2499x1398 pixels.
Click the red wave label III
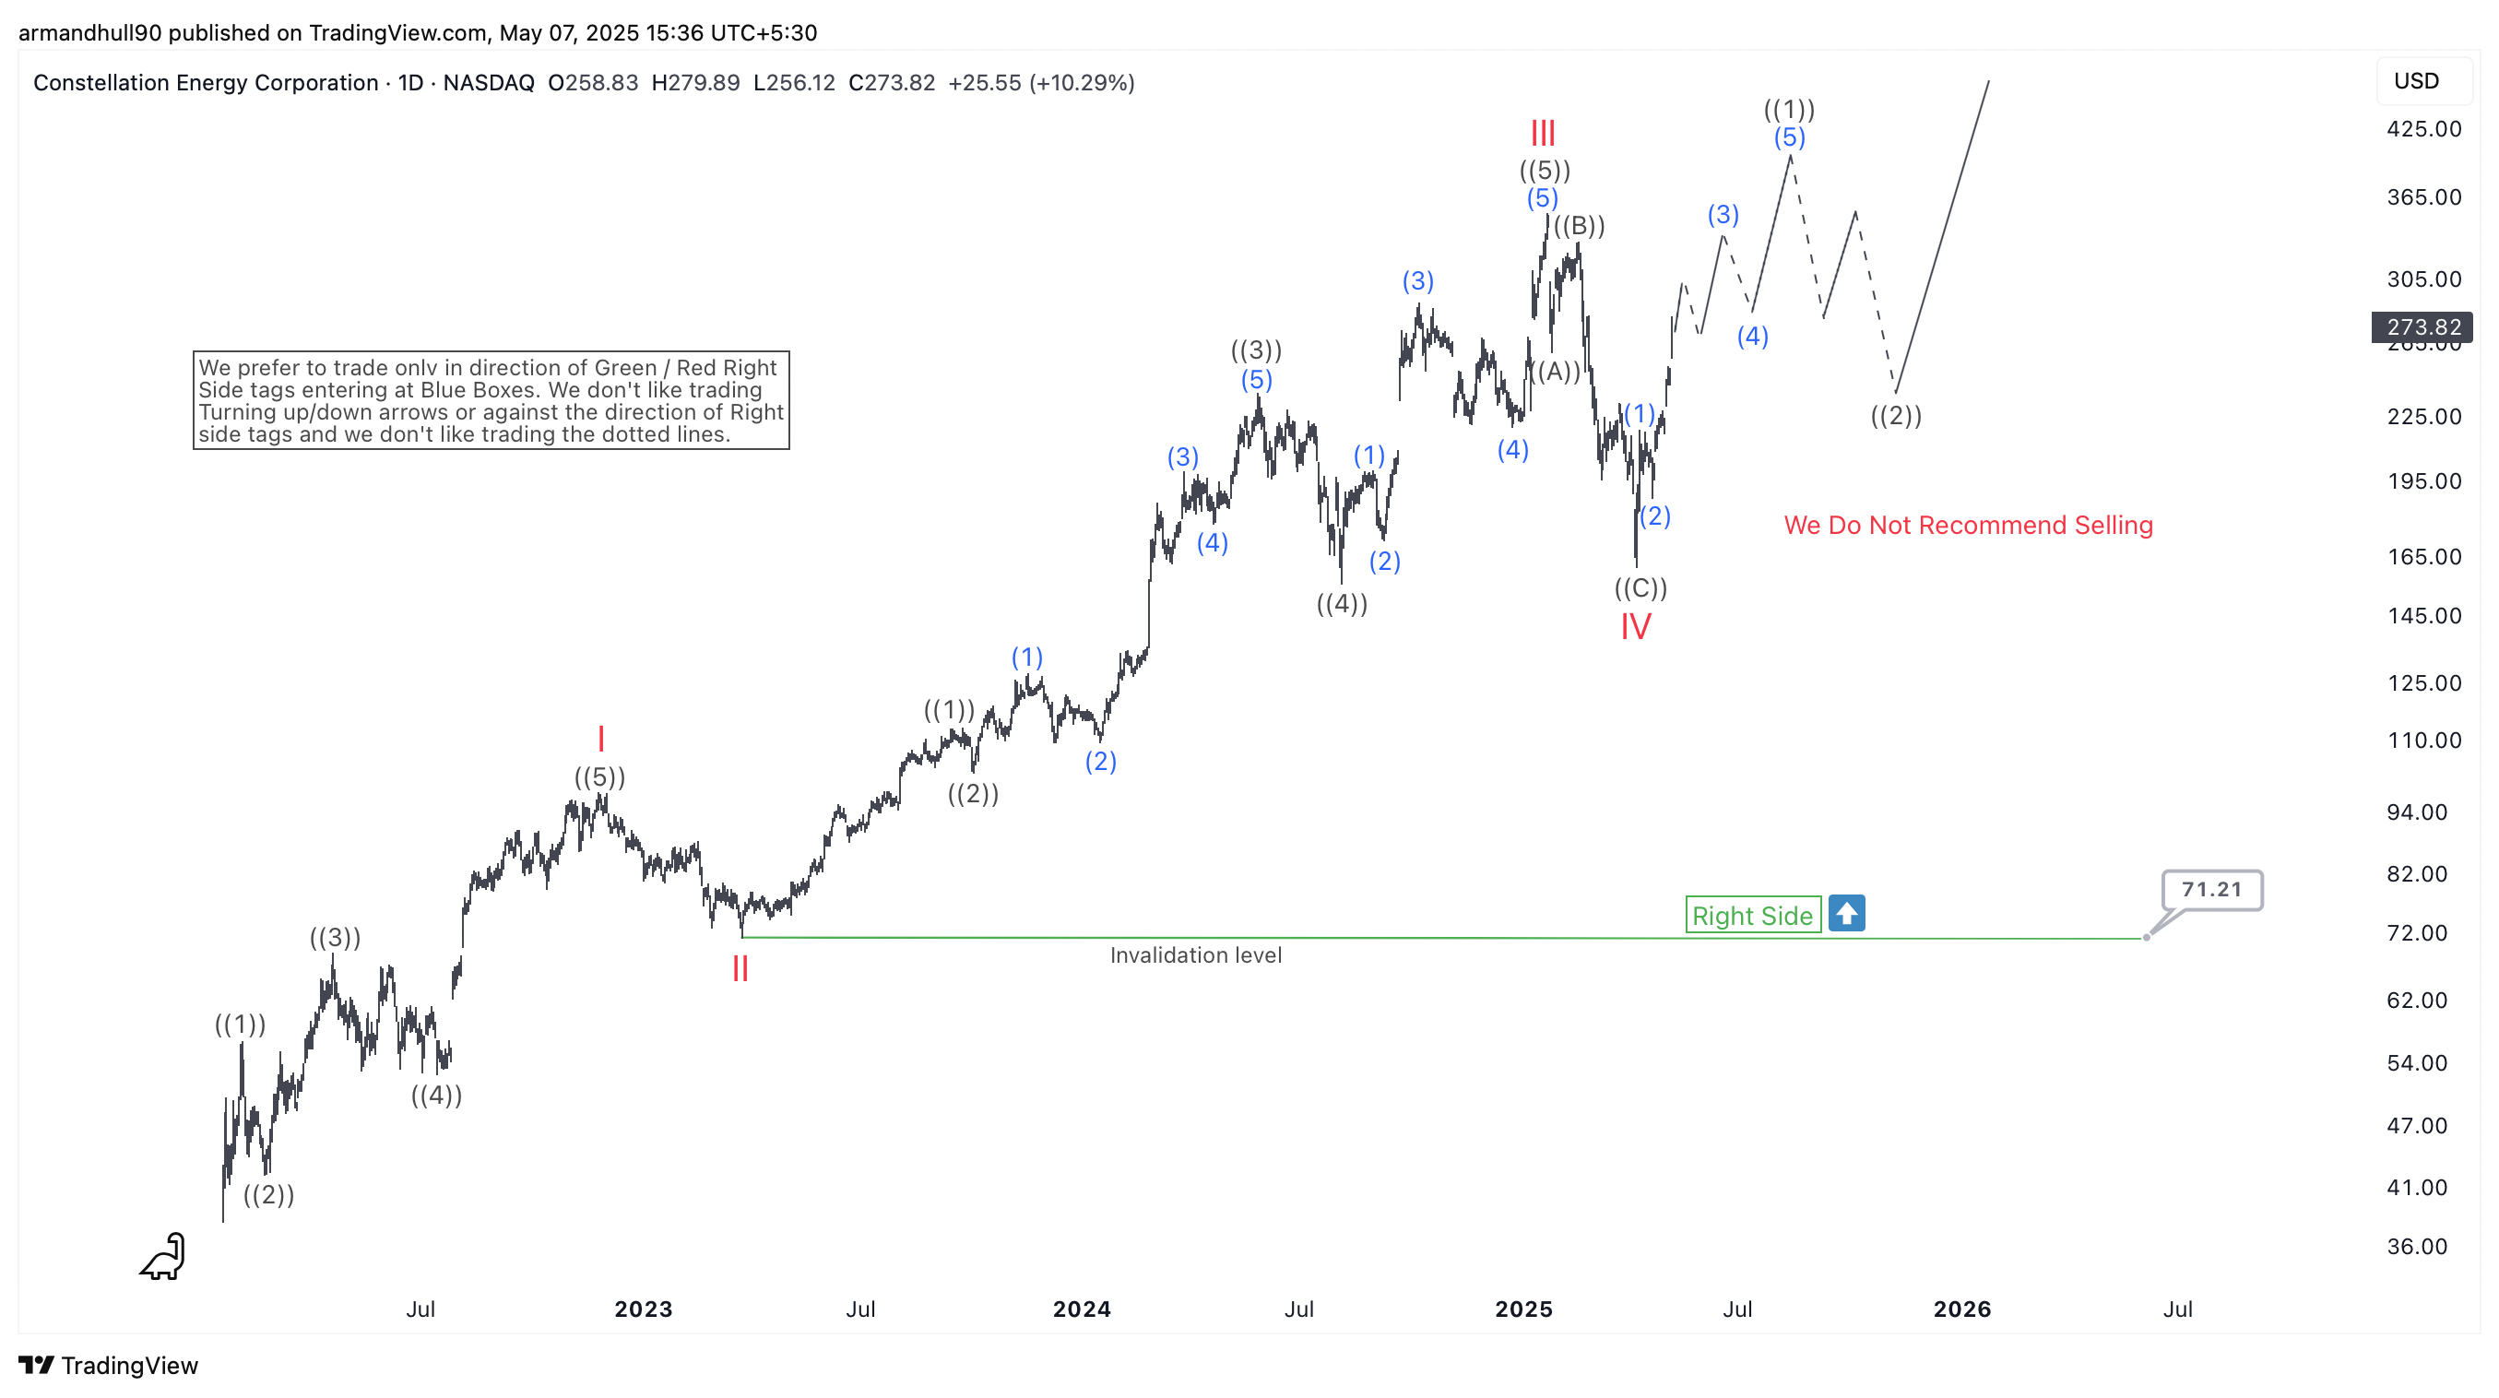coord(1543,133)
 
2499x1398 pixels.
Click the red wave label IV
coord(1636,627)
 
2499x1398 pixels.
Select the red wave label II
coord(740,968)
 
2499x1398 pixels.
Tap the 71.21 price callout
coord(2212,889)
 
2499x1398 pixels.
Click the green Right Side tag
coord(1752,915)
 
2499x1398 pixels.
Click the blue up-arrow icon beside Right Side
coord(1846,913)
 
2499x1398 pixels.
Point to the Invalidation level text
coord(1195,955)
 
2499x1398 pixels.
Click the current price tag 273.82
coord(2422,327)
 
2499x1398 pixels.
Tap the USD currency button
coord(2416,80)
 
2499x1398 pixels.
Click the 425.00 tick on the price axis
coord(2423,129)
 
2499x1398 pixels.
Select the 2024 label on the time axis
coord(1082,1309)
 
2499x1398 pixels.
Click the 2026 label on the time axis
coord(1961,1309)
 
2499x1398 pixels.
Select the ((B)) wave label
coord(1580,226)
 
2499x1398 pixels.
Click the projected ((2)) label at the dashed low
coord(1896,415)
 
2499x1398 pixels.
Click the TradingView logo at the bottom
coord(109,1365)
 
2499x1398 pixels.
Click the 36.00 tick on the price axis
coord(2417,1247)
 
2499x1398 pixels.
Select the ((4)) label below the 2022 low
coord(436,1096)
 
